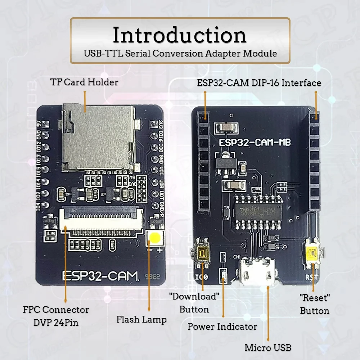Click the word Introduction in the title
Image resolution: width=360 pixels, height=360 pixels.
click(180, 35)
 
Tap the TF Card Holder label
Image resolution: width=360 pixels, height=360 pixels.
click(84, 82)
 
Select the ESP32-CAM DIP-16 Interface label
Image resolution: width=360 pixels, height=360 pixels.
click(259, 83)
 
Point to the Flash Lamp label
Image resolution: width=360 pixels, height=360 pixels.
click(141, 319)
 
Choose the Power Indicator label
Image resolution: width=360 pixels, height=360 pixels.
click(222, 327)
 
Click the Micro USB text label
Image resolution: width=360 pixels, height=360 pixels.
click(267, 348)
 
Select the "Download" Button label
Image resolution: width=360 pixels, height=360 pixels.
click(194, 303)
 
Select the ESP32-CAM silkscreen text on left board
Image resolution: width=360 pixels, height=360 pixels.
click(100, 275)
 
